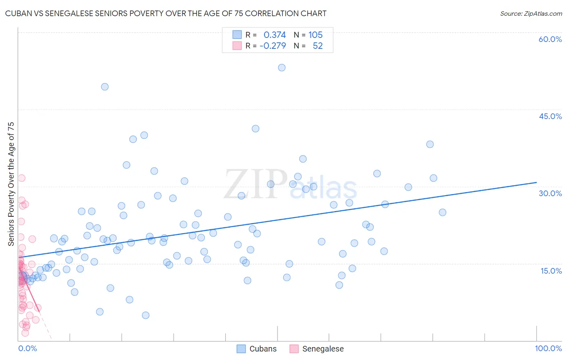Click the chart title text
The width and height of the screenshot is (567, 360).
pyautogui.click(x=166, y=13)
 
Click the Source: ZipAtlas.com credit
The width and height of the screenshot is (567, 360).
pyautogui.click(x=531, y=13)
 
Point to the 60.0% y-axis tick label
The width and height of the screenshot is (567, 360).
pyautogui.click(x=550, y=39)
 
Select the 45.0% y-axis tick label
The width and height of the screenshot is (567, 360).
pyautogui.click(x=550, y=116)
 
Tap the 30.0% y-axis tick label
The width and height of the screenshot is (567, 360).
pyautogui.click(x=550, y=193)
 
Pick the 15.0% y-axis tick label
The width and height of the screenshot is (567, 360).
pyautogui.click(x=551, y=271)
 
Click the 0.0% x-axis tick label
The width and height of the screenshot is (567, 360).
pyautogui.click(x=27, y=348)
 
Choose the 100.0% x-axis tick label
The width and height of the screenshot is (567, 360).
pyautogui.click(x=548, y=348)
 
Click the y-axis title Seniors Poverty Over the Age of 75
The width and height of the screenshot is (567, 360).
pyautogui.click(x=11, y=184)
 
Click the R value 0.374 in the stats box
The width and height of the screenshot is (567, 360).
pyautogui.click(x=275, y=35)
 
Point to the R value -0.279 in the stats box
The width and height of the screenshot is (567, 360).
pyautogui.click(x=273, y=46)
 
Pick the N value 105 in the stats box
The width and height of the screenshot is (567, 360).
pyautogui.click(x=315, y=35)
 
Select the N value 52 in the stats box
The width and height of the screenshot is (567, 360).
pyautogui.click(x=318, y=46)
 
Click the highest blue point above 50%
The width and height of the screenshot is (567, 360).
pyautogui.click(x=282, y=67)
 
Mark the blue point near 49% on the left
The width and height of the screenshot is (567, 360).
pyautogui.click(x=105, y=87)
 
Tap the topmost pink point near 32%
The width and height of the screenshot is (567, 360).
pyautogui.click(x=22, y=178)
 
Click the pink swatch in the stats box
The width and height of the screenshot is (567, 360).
pyautogui.click(x=237, y=46)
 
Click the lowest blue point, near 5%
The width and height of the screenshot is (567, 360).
pyautogui.click(x=146, y=315)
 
